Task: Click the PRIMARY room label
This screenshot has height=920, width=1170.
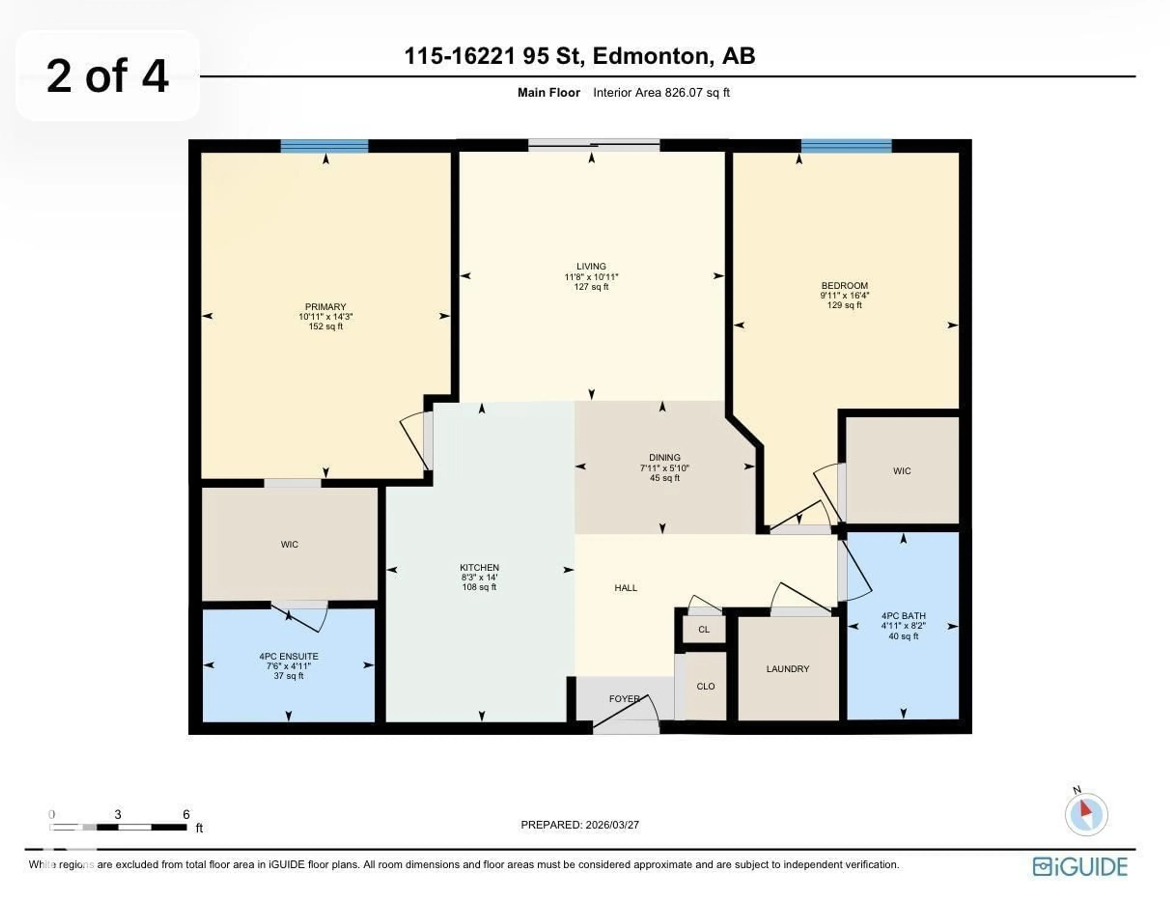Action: coord(325,307)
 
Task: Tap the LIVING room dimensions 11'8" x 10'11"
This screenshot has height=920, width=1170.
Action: coord(591,277)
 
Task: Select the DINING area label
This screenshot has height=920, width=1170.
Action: coord(665,457)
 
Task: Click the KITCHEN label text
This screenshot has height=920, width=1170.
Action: coord(479,567)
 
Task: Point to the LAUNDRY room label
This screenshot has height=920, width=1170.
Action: coord(788,669)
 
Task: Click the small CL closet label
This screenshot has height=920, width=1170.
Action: coord(704,629)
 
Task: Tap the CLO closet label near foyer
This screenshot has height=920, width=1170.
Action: coord(705,686)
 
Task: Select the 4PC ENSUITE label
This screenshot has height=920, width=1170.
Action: coord(289,656)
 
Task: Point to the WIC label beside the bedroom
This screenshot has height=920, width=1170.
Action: coord(902,471)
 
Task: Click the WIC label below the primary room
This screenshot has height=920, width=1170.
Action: coord(289,545)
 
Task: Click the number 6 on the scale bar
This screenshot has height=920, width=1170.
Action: coord(186,815)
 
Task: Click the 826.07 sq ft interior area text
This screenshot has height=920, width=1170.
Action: coord(697,93)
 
